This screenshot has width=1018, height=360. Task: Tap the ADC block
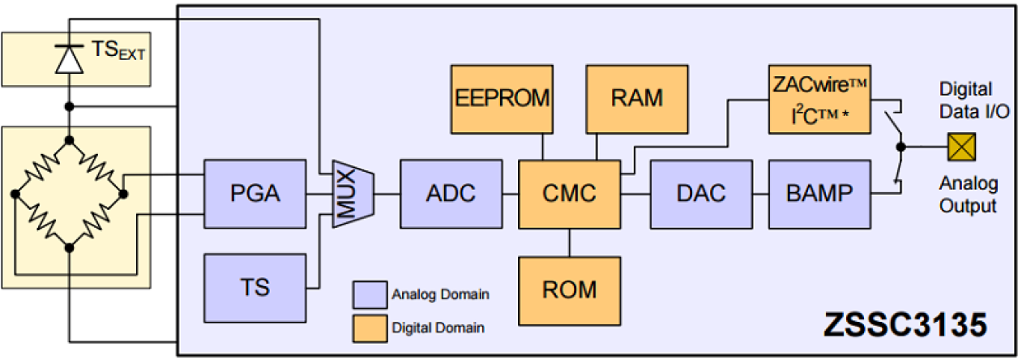pos(450,193)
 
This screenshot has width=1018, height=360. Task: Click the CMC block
pos(568,193)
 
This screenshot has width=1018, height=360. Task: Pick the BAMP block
pos(819,193)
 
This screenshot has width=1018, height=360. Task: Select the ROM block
pos(568,289)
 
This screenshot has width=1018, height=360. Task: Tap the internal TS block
pos(254,287)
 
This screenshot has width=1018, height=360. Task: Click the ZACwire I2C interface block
pos(819,99)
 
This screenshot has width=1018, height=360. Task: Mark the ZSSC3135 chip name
pos(905,326)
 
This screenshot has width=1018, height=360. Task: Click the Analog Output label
pos(968,196)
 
